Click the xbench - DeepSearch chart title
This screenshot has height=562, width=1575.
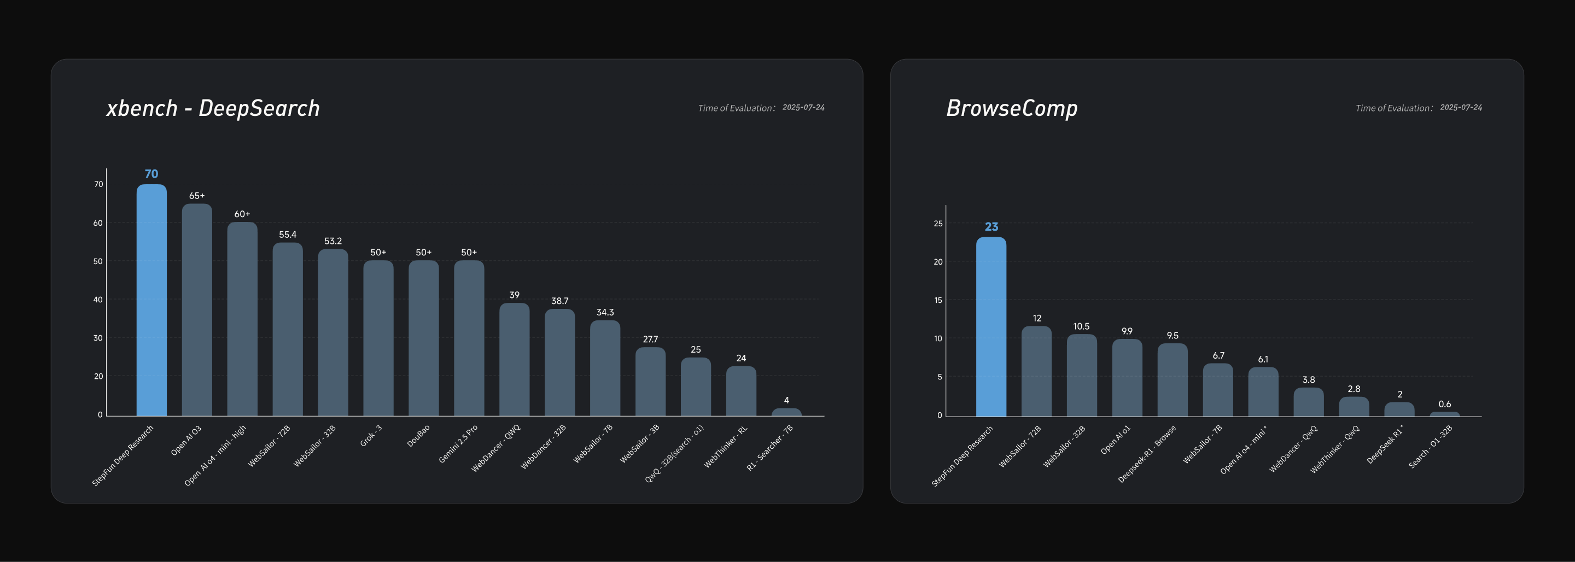[213, 108]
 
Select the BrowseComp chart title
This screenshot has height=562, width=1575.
[1011, 108]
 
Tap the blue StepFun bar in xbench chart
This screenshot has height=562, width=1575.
[151, 300]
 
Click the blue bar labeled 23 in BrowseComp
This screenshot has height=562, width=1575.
[990, 326]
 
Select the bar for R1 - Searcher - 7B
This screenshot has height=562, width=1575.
[786, 412]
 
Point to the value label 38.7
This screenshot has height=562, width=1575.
[559, 301]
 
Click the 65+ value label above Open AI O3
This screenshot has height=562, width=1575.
[197, 196]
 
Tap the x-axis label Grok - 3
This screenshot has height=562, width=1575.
[371, 435]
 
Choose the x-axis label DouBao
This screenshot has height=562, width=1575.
[418, 435]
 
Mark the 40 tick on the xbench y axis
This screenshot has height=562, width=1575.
[98, 300]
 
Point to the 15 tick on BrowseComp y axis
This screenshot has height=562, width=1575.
[938, 300]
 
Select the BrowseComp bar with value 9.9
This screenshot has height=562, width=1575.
[1127, 377]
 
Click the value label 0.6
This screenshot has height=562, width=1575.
[1444, 404]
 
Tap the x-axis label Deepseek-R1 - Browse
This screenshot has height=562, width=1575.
[1146, 454]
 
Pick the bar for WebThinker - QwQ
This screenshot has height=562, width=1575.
[1354, 407]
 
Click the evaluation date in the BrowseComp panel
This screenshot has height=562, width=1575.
[1461, 107]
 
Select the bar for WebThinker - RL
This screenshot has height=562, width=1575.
[741, 391]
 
